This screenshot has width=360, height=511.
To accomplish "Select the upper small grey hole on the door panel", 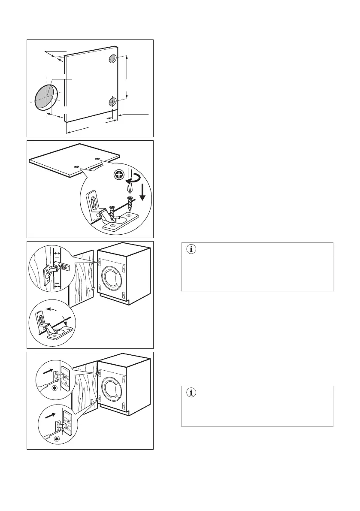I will tap(113, 59).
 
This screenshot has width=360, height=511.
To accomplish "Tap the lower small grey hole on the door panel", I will tap(112, 102).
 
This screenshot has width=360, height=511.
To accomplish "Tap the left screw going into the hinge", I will tap(112, 214).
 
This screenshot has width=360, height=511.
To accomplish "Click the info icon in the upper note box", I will tap(191, 250).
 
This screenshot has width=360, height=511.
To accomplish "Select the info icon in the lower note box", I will tap(191, 392).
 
